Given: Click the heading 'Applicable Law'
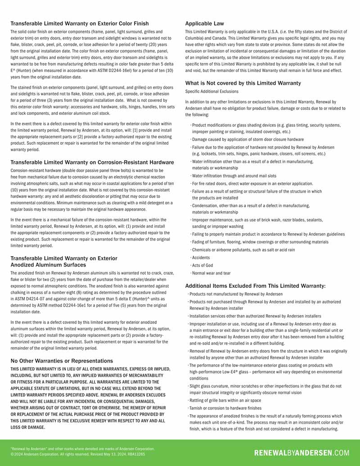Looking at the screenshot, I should (x=204, y=23).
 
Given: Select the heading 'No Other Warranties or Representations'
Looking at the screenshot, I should (x=62, y=361).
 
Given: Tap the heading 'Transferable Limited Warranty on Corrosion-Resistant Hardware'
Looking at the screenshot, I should (x=92, y=162).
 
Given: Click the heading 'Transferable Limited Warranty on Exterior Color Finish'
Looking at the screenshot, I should (x=80, y=23).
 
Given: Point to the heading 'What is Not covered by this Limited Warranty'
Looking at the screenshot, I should (x=243, y=83).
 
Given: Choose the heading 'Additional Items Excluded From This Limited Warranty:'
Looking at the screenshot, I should (x=255, y=286).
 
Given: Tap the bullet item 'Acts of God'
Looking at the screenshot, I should (x=202, y=265).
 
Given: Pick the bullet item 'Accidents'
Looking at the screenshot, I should (x=201, y=258).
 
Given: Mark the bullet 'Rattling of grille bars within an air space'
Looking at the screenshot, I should (x=225, y=401).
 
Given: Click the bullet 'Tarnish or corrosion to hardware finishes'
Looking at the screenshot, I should (x=225, y=408).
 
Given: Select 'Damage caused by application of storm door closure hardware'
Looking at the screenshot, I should (x=248, y=140).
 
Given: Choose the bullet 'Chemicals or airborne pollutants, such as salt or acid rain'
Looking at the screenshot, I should (x=243, y=250).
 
